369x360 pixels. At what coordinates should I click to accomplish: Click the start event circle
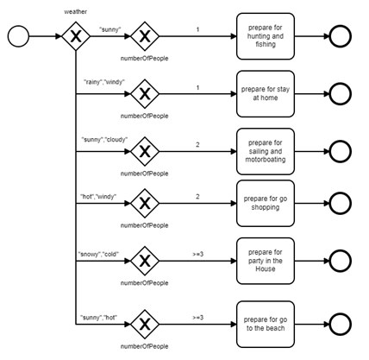(x=18, y=36)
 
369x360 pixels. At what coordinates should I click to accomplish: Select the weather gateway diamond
(x=76, y=36)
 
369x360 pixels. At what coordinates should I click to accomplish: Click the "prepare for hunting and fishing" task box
(x=266, y=36)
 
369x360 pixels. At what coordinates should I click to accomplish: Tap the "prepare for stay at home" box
(x=266, y=94)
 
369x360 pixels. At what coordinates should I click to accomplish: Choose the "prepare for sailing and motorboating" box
(x=266, y=151)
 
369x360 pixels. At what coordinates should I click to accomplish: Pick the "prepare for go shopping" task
(x=266, y=203)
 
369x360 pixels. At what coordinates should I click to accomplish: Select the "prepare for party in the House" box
(x=266, y=261)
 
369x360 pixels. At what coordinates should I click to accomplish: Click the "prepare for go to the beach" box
(x=266, y=325)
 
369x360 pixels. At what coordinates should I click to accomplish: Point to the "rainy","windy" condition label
(x=104, y=82)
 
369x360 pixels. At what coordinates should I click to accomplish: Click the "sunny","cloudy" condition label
(x=104, y=140)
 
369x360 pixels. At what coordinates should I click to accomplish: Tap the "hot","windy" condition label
(x=98, y=197)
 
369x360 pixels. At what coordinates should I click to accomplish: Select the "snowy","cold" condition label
(x=98, y=255)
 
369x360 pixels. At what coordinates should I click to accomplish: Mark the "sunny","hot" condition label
(x=98, y=318)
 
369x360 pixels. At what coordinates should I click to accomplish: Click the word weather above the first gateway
(x=76, y=12)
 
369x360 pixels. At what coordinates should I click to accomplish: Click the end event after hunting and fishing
(x=341, y=36)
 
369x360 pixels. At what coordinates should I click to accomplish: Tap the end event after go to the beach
(x=341, y=325)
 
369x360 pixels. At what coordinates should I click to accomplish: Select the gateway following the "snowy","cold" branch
(x=145, y=261)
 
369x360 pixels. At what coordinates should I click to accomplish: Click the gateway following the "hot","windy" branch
(x=145, y=204)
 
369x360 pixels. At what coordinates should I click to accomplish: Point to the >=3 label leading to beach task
(x=197, y=318)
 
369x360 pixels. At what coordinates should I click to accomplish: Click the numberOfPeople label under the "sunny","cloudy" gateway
(x=145, y=174)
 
